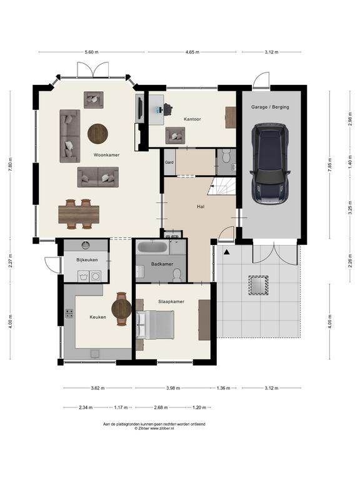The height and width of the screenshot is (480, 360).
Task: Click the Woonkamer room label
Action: (x=106, y=155)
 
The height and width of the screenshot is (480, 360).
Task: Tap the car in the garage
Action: (x=270, y=164)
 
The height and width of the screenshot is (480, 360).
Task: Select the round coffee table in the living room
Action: (x=97, y=134)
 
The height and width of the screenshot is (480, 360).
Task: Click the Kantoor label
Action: (x=192, y=119)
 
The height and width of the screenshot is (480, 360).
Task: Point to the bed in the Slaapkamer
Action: (x=155, y=324)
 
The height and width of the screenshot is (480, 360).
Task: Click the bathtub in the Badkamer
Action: (x=152, y=247)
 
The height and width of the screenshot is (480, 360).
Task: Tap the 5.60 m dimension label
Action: (x=91, y=52)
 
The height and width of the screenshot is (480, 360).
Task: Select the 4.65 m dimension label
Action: (x=192, y=52)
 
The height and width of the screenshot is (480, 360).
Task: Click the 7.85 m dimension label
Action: (x=330, y=165)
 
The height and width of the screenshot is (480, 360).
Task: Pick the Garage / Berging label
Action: (x=270, y=107)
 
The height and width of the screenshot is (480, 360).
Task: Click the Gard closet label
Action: (x=169, y=162)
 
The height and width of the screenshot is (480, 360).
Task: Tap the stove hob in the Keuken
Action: (x=69, y=314)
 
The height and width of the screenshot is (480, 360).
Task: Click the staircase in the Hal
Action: (x=222, y=186)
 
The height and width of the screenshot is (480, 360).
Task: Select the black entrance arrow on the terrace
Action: (x=227, y=252)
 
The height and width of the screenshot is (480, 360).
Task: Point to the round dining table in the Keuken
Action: (x=121, y=309)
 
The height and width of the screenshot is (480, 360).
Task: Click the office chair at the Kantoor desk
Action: (x=167, y=109)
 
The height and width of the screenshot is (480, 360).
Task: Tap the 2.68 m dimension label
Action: (x=161, y=407)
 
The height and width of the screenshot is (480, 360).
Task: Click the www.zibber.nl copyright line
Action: (x=154, y=429)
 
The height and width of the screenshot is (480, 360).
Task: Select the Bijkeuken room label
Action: (x=87, y=260)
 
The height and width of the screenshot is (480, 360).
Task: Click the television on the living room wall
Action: (x=139, y=108)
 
